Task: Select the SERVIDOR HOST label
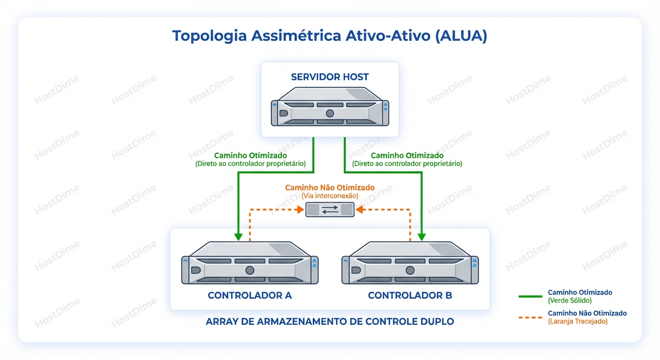pyautogui.click(x=330, y=77)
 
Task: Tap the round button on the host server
pyautogui.click(x=330, y=113)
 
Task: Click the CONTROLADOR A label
pyautogui.click(x=250, y=295)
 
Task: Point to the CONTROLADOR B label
pyautogui.click(x=410, y=295)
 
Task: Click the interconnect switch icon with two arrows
pyautogui.click(x=330, y=210)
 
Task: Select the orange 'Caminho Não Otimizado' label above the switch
pyautogui.click(x=330, y=187)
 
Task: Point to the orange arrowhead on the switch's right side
pyautogui.click(x=359, y=210)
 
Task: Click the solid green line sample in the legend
pyautogui.click(x=530, y=296)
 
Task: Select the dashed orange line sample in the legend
pyautogui.click(x=530, y=317)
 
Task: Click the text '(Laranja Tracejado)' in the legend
pyautogui.click(x=577, y=321)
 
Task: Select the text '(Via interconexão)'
pyautogui.click(x=330, y=195)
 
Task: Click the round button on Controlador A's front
pyautogui.click(x=250, y=270)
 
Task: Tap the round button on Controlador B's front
pyautogui.click(x=410, y=270)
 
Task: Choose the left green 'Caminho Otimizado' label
pyautogui.click(x=250, y=155)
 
